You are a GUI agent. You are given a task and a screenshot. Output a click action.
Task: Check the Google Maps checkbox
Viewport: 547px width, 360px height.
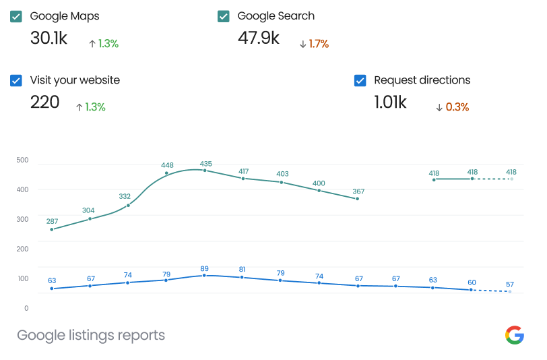click(16, 16)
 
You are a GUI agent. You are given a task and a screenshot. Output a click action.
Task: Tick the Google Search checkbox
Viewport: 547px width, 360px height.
click(224, 16)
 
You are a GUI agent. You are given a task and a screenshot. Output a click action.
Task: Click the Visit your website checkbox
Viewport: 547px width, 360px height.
click(16, 80)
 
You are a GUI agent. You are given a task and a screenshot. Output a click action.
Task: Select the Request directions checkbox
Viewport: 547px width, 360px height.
click(360, 80)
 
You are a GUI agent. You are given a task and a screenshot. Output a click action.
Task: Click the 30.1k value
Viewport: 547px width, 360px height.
click(49, 38)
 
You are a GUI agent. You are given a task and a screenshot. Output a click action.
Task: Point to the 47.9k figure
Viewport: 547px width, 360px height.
click(258, 38)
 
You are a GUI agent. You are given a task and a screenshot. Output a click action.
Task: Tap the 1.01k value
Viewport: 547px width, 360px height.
click(390, 102)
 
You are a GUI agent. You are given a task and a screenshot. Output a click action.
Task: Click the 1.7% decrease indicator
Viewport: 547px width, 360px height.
click(314, 44)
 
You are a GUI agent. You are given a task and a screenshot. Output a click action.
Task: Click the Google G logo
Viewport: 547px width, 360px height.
click(514, 334)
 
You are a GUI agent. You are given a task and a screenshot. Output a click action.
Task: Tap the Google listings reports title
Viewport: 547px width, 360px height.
click(91, 335)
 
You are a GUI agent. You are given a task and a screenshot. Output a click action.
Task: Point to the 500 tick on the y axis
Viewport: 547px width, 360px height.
click(22, 160)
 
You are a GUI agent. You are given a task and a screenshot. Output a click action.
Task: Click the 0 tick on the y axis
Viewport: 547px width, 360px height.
click(26, 308)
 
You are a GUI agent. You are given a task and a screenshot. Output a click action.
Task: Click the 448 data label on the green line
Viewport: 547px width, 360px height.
click(168, 165)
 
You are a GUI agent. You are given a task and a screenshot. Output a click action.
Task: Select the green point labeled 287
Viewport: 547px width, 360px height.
click(52, 229)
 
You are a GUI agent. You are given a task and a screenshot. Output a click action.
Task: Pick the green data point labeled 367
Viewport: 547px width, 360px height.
click(357, 199)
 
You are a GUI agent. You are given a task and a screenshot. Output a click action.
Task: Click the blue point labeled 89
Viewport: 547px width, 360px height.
click(204, 275)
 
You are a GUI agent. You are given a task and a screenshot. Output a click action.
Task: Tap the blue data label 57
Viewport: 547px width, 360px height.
click(510, 284)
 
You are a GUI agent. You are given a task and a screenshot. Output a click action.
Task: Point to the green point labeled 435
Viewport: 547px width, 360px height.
click(205, 171)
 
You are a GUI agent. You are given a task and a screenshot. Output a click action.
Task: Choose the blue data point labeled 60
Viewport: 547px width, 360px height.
click(472, 290)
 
